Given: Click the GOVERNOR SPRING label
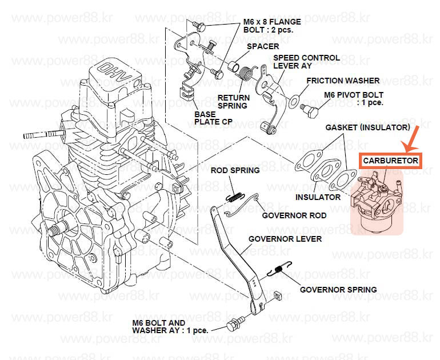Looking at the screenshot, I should pos(338,289).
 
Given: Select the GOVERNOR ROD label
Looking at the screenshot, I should pos(294,215).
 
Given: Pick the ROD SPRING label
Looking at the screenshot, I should pos(235,170).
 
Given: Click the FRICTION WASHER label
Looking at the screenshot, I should pos(341,81).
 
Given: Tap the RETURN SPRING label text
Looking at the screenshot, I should pos(233,101).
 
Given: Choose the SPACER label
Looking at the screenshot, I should pos(264,46).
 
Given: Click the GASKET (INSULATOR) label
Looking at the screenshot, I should pos(367,127).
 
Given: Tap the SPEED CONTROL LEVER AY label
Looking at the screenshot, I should pos(306,62).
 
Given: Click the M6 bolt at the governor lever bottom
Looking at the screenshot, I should pos(233,326).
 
